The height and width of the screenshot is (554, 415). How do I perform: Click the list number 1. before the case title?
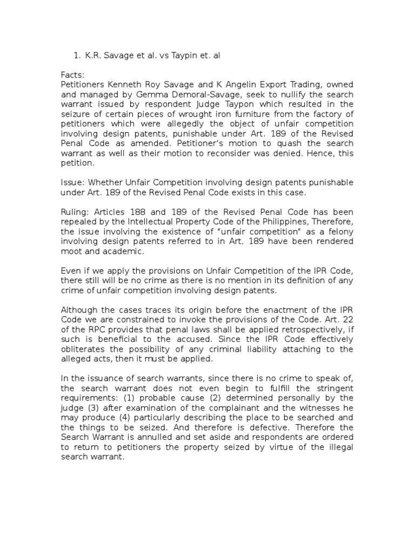coord(76,55)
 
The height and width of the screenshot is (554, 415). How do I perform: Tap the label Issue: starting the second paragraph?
coord(73,183)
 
